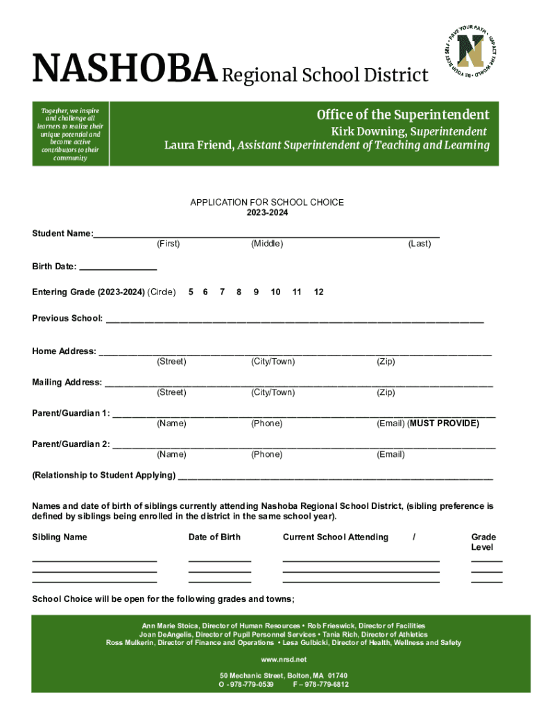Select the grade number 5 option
tap(191, 292)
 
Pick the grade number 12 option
tap(318, 292)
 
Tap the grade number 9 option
tap(256, 292)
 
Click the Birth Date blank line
tap(118, 267)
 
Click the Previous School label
tap(67, 319)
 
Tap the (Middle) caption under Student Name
tap(267, 244)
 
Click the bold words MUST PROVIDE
tap(445, 424)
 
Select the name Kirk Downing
tap(367, 132)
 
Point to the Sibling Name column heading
tap(60, 537)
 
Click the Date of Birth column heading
tap(214, 537)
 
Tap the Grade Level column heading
tap(483, 542)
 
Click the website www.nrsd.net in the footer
tap(284, 660)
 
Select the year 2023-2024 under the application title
tap(267, 213)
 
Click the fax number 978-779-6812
tap(325, 685)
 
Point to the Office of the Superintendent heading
tap(403, 115)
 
